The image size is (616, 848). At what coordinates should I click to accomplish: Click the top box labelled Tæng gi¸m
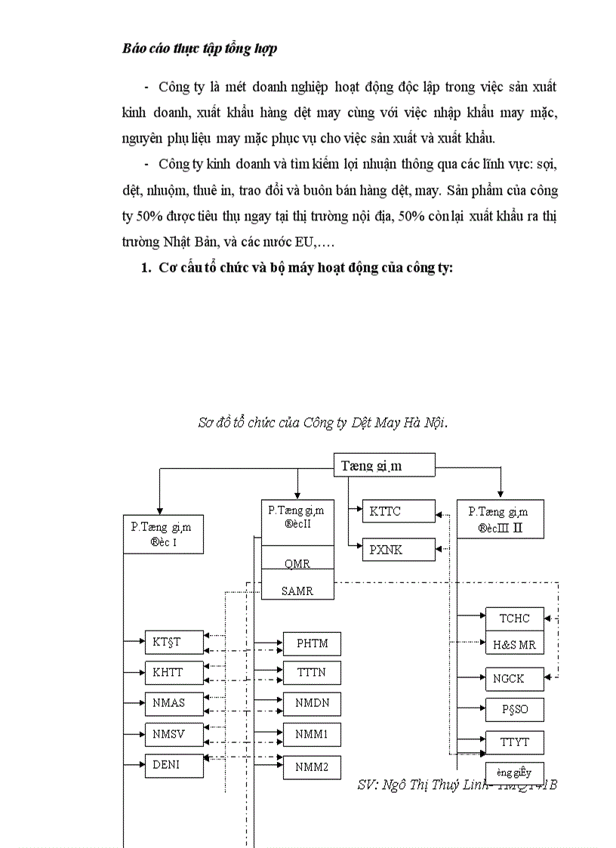(x=384, y=465)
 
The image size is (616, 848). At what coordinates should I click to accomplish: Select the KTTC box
(x=399, y=512)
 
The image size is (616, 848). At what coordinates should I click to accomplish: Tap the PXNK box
(x=399, y=550)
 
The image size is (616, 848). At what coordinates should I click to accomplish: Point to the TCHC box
(x=514, y=618)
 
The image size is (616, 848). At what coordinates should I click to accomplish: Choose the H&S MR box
(x=514, y=644)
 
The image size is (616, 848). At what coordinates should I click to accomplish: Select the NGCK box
(x=514, y=679)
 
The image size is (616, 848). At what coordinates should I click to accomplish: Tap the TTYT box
(x=514, y=742)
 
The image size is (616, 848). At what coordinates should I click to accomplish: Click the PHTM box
(x=312, y=644)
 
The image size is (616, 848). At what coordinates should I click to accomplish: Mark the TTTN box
(x=312, y=672)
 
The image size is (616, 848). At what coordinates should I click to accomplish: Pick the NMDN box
(x=312, y=703)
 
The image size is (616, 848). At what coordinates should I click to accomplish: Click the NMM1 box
(x=312, y=734)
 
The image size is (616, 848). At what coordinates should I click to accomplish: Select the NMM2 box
(x=312, y=766)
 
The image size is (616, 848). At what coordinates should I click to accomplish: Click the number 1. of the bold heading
(x=146, y=270)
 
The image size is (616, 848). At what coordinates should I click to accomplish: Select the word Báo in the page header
(x=134, y=48)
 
